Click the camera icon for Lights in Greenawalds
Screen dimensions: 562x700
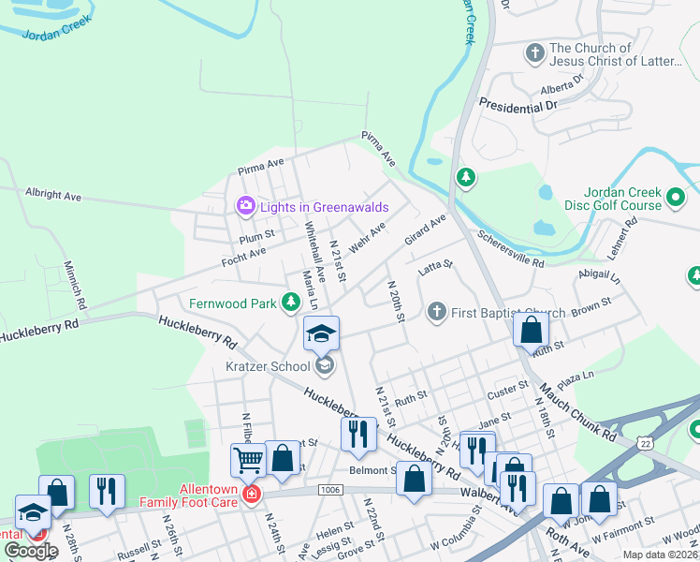245,205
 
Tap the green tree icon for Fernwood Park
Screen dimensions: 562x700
291,302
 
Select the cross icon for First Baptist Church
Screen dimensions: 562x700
435,312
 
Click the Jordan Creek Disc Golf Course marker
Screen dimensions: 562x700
676,199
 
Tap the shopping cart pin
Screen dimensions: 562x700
248,459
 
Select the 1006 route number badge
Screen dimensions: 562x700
329,489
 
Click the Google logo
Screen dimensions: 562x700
31,551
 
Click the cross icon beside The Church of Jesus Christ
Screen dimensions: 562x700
535,52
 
